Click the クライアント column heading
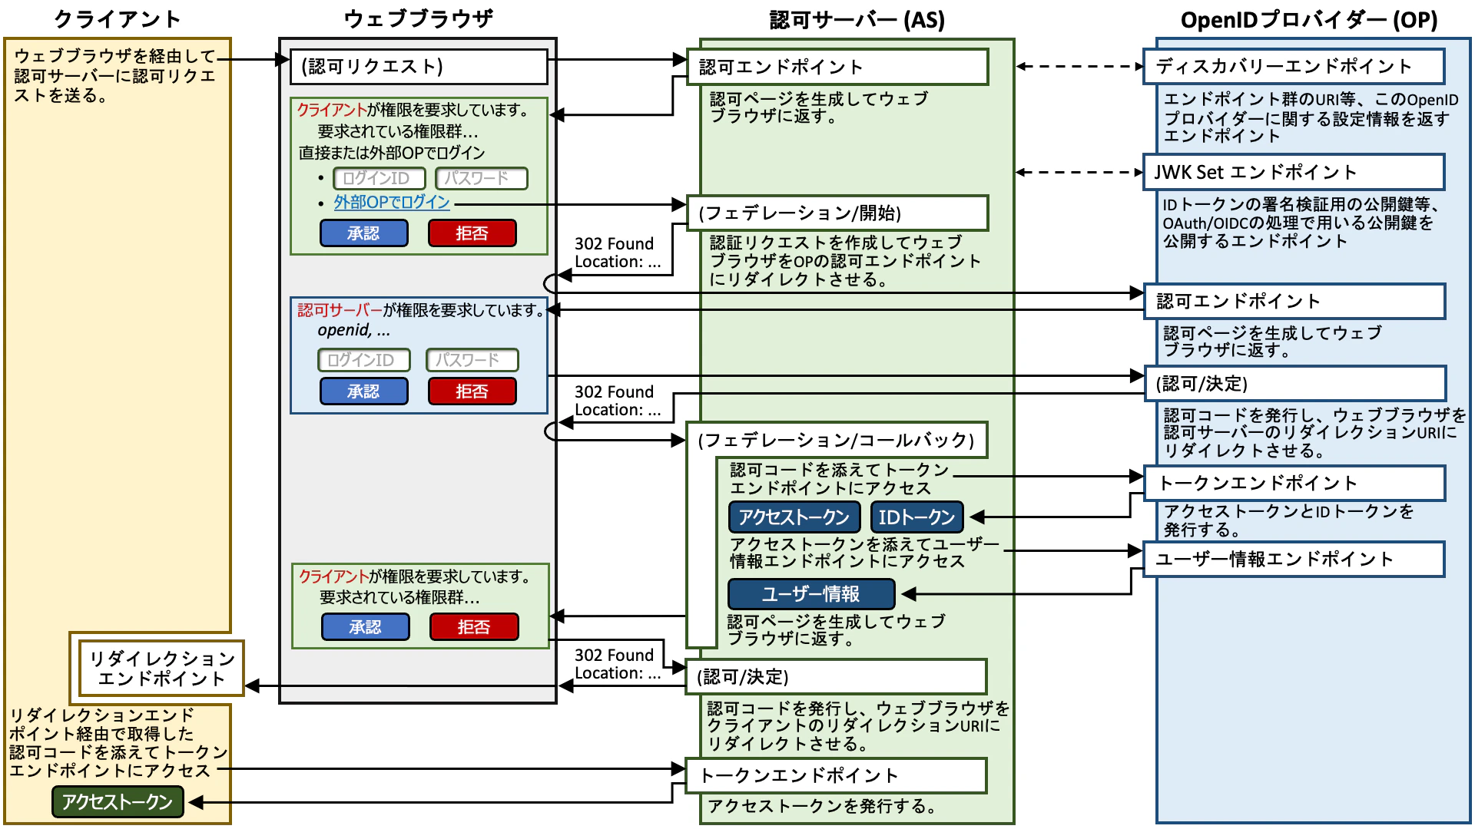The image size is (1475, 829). [x=117, y=19]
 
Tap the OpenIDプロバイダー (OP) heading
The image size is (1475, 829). [x=1308, y=20]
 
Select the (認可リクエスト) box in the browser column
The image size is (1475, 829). [x=419, y=67]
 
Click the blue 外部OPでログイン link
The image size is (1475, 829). [x=392, y=203]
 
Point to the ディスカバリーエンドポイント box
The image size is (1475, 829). [x=1294, y=67]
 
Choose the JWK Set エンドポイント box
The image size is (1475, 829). [x=1294, y=172]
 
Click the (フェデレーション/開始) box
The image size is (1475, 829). [x=837, y=213]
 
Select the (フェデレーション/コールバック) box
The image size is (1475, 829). [x=837, y=440]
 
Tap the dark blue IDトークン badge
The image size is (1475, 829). [x=916, y=517]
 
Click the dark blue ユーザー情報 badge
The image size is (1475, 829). [x=811, y=594]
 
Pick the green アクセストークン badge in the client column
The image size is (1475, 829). [x=118, y=802]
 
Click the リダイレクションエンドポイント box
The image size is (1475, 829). [x=161, y=669]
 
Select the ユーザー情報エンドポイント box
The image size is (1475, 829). [x=1294, y=560]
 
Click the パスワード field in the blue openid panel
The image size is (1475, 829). [x=472, y=360]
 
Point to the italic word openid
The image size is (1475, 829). [x=343, y=331]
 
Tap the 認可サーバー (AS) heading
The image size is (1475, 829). [x=857, y=20]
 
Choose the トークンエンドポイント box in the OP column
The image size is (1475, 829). [x=1294, y=484]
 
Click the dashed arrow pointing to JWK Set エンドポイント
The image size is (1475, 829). [x=1079, y=172]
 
